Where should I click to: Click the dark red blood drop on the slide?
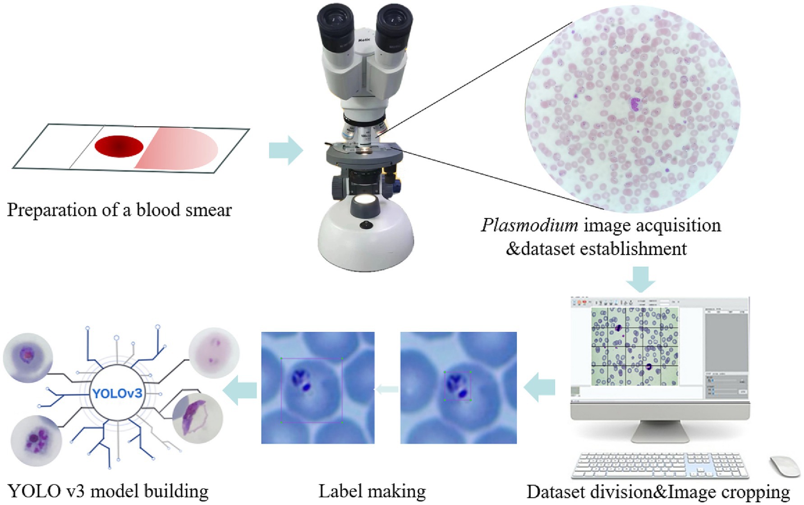(x=119, y=146)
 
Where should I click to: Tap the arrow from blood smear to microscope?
(x=285, y=150)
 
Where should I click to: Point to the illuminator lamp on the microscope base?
(x=366, y=201)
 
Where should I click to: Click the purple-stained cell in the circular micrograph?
(x=635, y=104)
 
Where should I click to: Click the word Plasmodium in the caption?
(x=529, y=225)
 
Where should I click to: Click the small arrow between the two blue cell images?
(x=387, y=389)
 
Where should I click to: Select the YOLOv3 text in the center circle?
(x=117, y=393)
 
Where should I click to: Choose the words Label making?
(x=372, y=491)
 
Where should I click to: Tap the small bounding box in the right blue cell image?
(x=457, y=386)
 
